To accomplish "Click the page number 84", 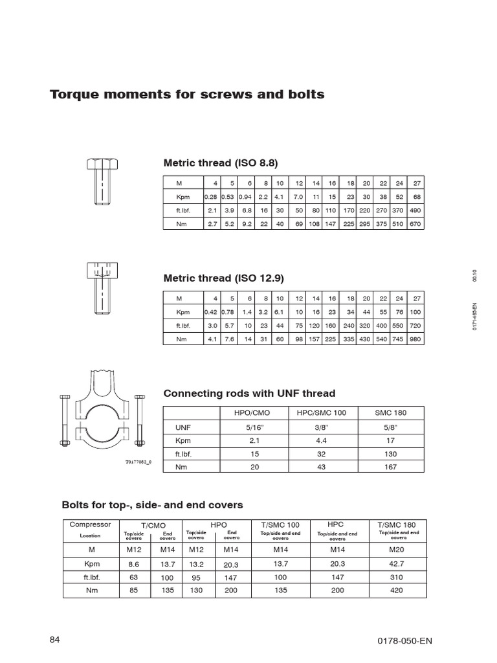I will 54,640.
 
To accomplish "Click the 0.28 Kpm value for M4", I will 211,196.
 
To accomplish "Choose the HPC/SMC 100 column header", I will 322,413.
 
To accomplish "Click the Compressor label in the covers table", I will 90,524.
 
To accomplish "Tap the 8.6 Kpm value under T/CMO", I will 134,563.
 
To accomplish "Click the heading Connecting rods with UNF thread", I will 249,393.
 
